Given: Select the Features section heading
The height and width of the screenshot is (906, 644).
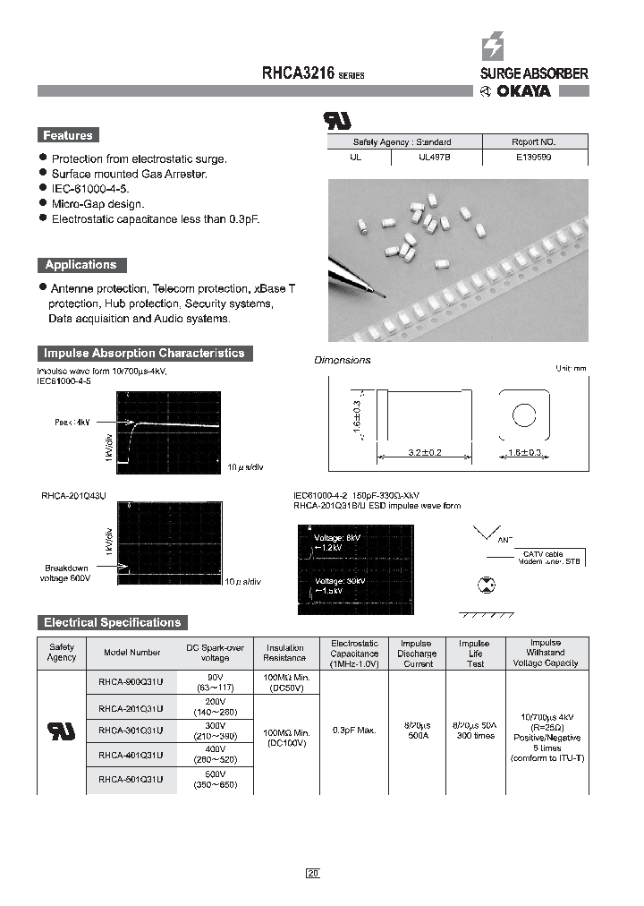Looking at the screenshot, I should pyautogui.click(x=68, y=135).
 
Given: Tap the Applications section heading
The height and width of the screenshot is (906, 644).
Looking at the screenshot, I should pyautogui.click(x=81, y=265).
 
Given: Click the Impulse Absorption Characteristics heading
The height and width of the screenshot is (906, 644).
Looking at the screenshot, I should pyautogui.click(x=144, y=353).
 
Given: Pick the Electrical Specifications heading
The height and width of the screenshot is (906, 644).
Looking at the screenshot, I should pyautogui.click(x=112, y=622).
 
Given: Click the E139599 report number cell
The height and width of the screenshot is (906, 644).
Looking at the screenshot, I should pyautogui.click(x=535, y=156).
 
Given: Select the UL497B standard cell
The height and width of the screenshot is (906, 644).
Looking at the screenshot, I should pyautogui.click(x=436, y=156).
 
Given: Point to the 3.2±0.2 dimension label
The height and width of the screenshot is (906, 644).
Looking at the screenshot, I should pyautogui.click(x=425, y=453).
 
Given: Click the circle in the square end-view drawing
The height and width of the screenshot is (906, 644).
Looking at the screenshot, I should pyautogui.click(x=522, y=414).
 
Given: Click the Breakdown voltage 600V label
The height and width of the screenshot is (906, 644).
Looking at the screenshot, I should pyautogui.click(x=68, y=573).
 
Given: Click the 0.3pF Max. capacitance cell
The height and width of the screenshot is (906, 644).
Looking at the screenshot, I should pyautogui.click(x=353, y=731).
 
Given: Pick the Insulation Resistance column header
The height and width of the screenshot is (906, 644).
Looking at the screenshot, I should pyautogui.click(x=285, y=653).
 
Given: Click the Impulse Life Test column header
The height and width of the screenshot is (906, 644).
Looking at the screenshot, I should pyautogui.click(x=474, y=653).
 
